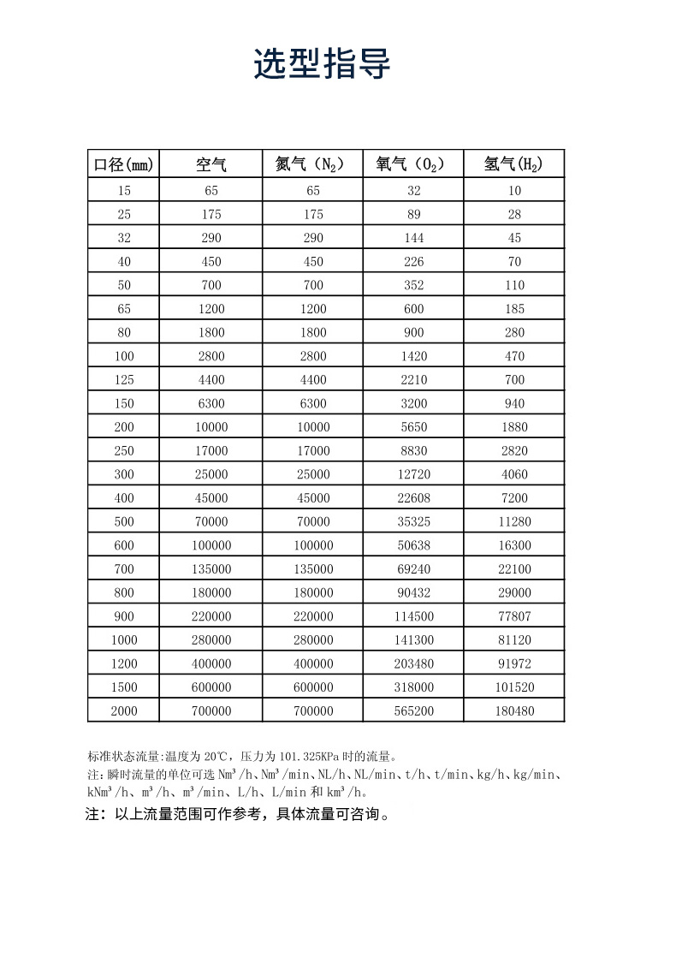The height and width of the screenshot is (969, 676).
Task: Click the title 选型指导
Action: click(322, 64)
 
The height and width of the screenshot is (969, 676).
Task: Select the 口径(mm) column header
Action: click(125, 164)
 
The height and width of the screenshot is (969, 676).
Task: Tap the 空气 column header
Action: click(211, 164)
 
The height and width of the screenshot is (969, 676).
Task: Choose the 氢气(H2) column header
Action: click(513, 164)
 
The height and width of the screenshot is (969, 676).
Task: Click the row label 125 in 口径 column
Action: click(125, 380)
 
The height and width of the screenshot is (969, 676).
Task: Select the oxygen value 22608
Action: click(414, 498)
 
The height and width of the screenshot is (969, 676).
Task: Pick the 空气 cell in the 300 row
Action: click(211, 474)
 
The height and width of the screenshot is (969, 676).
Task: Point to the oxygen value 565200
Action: click(414, 711)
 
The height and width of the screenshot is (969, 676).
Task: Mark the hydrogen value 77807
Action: click(513, 616)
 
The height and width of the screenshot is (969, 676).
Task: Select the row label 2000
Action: click(125, 711)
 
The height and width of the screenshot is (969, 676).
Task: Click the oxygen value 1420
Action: click(414, 356)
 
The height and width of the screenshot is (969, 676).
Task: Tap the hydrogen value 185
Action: click(513, 309)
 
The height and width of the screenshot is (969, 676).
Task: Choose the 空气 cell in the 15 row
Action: click(211, 191)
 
